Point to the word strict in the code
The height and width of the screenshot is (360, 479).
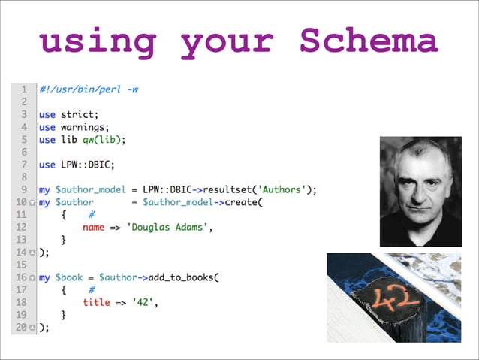point(79,114)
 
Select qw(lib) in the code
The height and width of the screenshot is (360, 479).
point(99,139)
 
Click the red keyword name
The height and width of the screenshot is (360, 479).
point(94,227)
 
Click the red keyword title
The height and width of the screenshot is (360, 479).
point(95,302)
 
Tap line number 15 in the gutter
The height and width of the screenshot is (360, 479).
point(22,265)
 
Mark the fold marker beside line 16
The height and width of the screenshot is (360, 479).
point(32,278)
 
